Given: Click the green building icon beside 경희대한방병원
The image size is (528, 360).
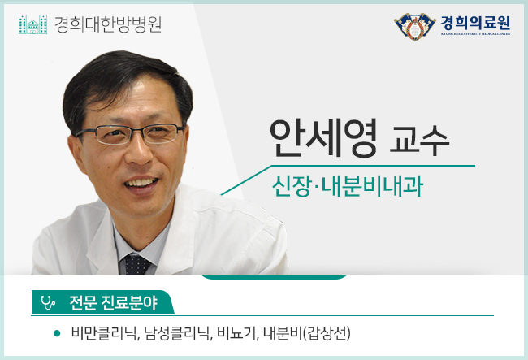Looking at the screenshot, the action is click(x=32, y=24).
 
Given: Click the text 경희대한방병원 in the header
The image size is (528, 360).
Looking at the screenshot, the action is click(x=108, y=24).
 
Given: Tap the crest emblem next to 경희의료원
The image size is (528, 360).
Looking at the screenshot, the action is click(x=414, y=26).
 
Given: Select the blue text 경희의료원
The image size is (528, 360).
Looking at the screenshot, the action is click(x=475, y=23).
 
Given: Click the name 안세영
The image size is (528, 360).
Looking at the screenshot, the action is click(x=323, y=138).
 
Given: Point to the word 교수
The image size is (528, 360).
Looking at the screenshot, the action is click(x=420, y=141).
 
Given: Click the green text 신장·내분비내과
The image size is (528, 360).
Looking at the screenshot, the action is click(x=348, y=186).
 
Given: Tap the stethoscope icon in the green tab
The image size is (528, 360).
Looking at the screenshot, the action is click(x=48, y=302).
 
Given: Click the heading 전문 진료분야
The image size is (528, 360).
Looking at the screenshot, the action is click(x=113, y=302).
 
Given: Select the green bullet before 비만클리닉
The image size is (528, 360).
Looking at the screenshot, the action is click(x=57, y=333).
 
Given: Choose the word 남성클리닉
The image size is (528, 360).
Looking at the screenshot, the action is click(x=177, y=333).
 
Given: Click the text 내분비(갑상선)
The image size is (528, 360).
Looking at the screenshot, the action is click(x=307, y=333).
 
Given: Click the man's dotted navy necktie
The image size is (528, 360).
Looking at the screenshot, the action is click(x=137, y=265).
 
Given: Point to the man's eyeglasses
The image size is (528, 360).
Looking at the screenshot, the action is click(x=130, y=134).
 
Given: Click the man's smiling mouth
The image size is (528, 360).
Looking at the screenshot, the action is click(x=141, y=184).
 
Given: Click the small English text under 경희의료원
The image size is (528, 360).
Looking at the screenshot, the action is click(x=475, y=34).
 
